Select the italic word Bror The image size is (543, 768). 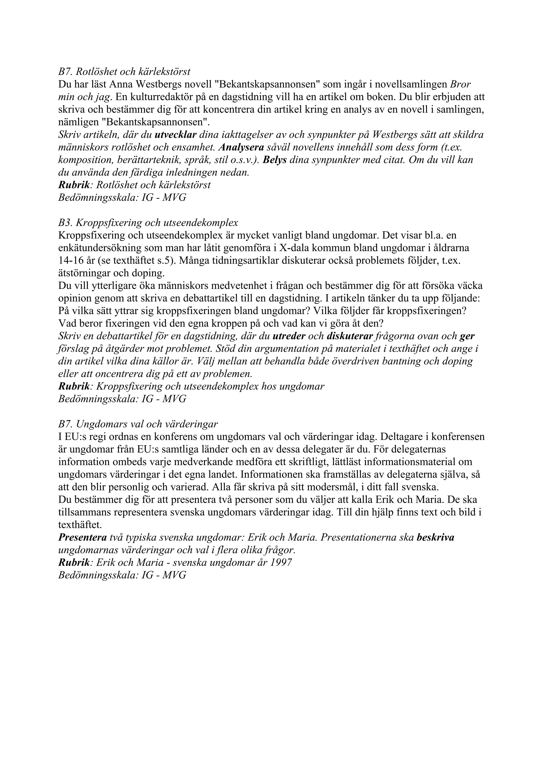pos(461,84)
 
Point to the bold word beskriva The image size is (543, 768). pos(435,537)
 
